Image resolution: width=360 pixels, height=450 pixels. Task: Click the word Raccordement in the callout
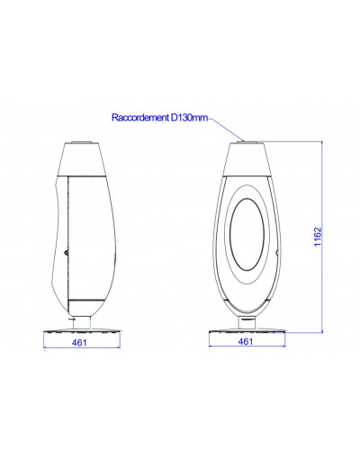pos(140,118)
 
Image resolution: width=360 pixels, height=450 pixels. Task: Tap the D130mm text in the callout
pos(189,118)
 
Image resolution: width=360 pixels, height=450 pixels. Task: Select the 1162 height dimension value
pos(318,237)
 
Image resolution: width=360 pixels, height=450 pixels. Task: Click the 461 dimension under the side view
pos(79,342)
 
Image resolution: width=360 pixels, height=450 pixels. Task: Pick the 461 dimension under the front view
pos(246,341)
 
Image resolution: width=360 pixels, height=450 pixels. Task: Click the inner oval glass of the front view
pos(247,234)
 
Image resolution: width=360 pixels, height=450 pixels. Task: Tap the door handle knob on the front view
pos(277,252)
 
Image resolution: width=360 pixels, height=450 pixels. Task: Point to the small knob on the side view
pos(67,253)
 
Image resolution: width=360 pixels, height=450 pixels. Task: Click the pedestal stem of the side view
pos(82,322)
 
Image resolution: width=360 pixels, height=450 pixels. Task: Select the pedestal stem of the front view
pos(247,323)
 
